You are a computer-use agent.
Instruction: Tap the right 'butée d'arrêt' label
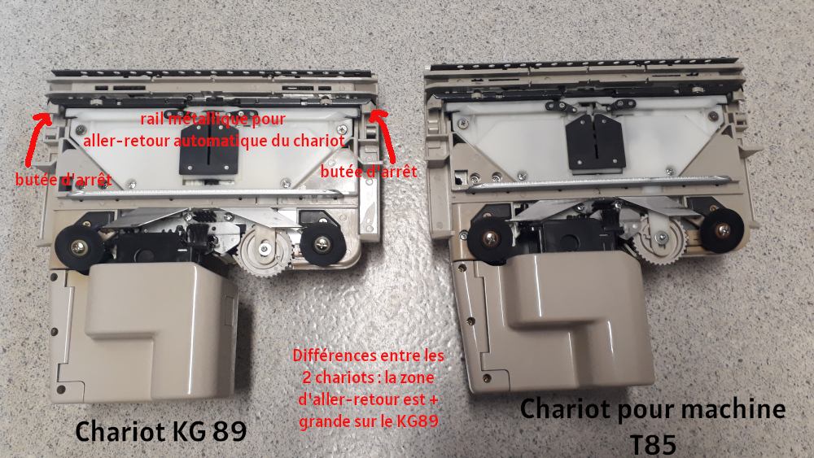[x=369, y=172]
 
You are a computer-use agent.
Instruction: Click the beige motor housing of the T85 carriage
[x=570, y=325]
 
